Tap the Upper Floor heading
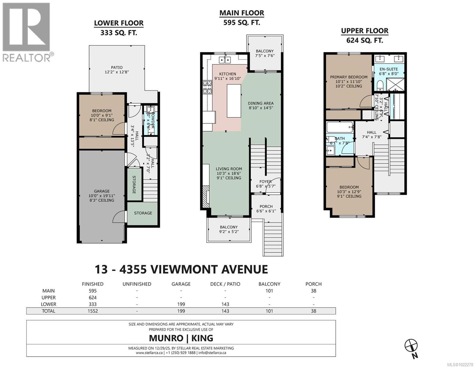click(x=365, y=31)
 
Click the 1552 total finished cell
click(x=92, y=311)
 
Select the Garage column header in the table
click(x=181, y=284)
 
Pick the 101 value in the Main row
click(x=269, y=291)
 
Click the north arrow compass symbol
click(x=411, y=346)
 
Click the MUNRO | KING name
click(x=181, y=338)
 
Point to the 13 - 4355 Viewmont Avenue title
click(x=181, y=269)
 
